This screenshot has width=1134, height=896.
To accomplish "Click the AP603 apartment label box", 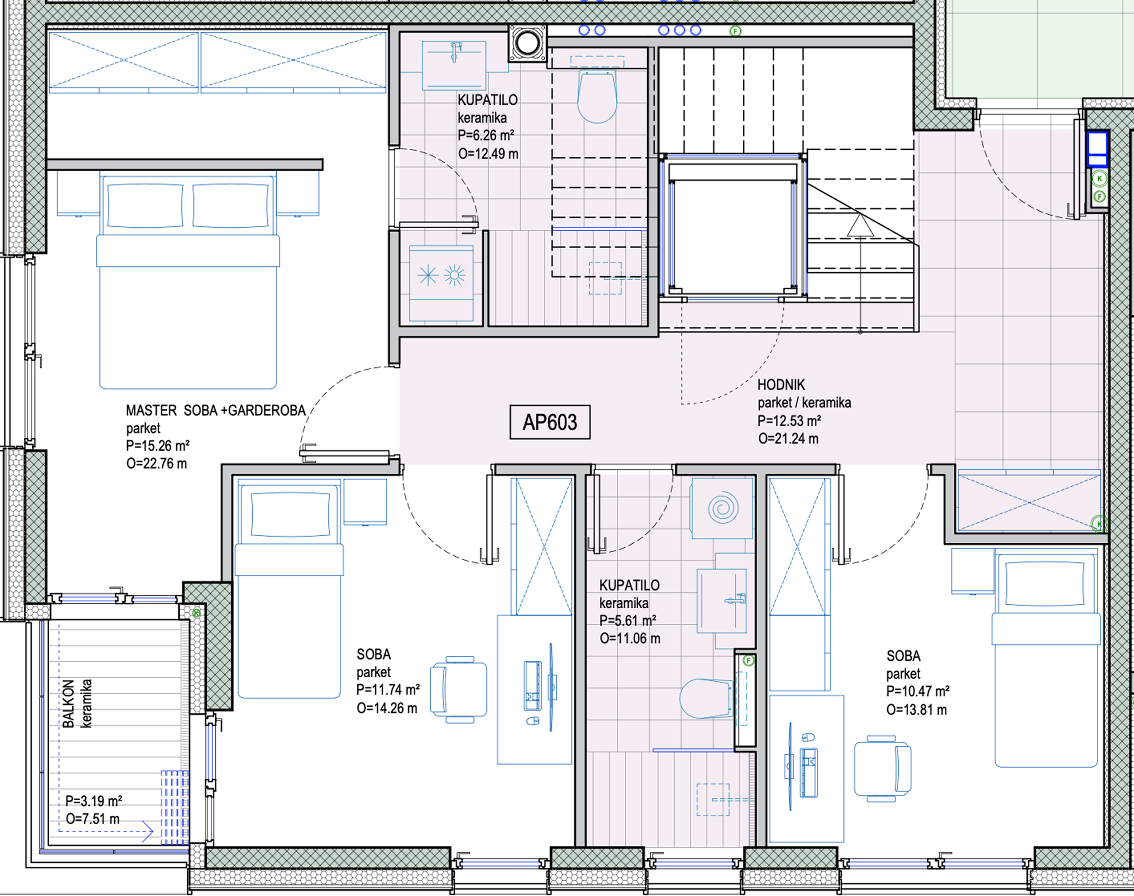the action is point(550,422).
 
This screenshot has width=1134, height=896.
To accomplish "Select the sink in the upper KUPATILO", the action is point(455,65).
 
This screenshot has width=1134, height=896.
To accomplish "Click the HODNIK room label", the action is point(781,384).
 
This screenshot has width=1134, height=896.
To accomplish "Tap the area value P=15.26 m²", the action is point(157,446).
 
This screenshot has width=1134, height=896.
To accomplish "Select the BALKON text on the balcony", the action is point(68,704).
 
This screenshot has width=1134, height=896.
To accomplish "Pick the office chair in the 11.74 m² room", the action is point(458,689).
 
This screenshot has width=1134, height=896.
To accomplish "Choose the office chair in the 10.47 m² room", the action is point(883,768).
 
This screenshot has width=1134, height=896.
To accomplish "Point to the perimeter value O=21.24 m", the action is point(788,439).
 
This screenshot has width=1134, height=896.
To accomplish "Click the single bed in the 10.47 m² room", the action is point(1046,658).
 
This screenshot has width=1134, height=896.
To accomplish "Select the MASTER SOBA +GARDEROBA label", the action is point(216,410).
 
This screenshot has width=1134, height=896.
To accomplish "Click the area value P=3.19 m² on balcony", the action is point(94,801).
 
